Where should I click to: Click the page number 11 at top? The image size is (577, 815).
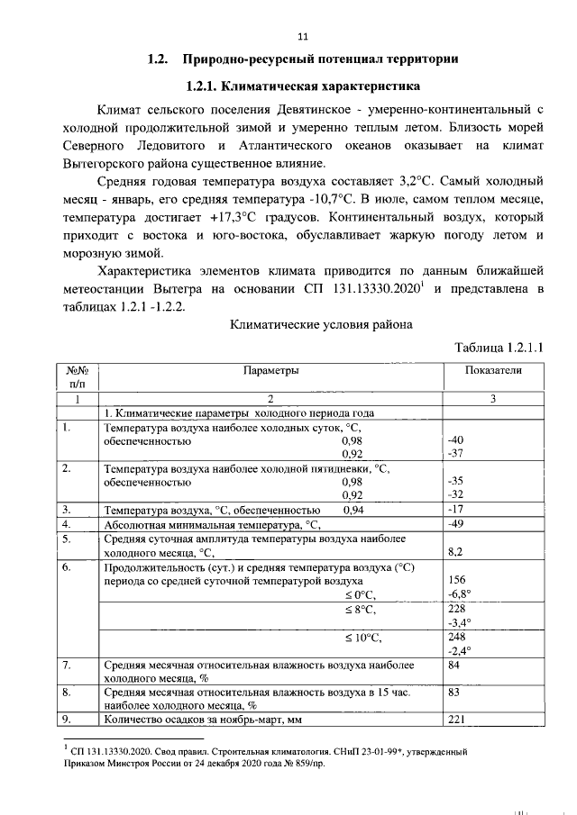[x=302, y=36]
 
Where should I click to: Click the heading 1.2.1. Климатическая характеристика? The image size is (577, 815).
[x=302, y=87]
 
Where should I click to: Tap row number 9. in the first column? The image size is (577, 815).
[x=66, y=719]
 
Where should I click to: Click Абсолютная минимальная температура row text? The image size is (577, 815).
[x=214, y=523]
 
